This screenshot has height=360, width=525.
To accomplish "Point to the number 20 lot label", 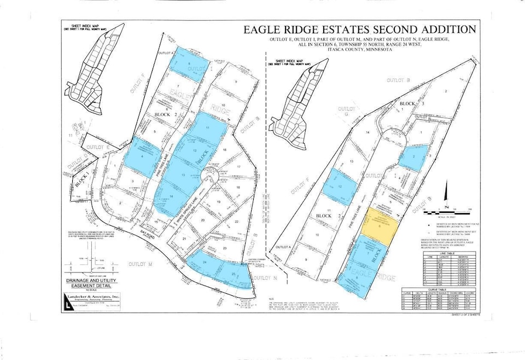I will click(x=202, y=219).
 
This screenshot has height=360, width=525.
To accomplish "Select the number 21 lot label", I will click(x=184, y=240).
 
